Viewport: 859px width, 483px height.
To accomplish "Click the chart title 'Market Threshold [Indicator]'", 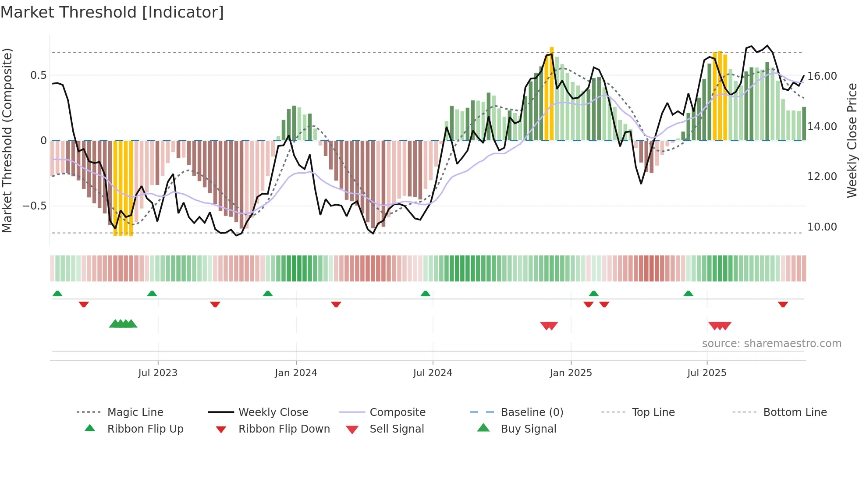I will coord(112,12).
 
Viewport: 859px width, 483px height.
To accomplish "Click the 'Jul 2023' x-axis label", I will coord(158,373).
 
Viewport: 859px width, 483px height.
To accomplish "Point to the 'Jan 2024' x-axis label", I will coord(296,373).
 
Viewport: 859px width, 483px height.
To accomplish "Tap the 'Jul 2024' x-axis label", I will coord(433,373).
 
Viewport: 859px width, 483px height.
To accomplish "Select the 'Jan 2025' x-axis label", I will coord(571,373).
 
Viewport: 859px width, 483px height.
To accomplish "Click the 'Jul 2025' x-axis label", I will coord(706,373).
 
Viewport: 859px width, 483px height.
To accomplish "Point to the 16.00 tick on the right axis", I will coord(822,76).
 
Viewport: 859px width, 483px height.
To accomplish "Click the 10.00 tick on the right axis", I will coord(822,227).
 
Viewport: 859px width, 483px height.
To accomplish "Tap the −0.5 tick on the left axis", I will coord(34,206).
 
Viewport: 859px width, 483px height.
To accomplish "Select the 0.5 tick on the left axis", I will coord(38,75).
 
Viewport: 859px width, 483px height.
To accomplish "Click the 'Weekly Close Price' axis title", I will coord(852,140).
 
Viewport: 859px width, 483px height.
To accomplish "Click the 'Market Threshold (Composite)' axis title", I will coord(7,140).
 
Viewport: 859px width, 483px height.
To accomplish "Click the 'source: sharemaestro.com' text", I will coord(771,344).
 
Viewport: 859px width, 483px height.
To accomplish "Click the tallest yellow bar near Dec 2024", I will coord(551,94).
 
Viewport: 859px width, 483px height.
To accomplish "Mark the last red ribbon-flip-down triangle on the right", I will coord(783,304).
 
